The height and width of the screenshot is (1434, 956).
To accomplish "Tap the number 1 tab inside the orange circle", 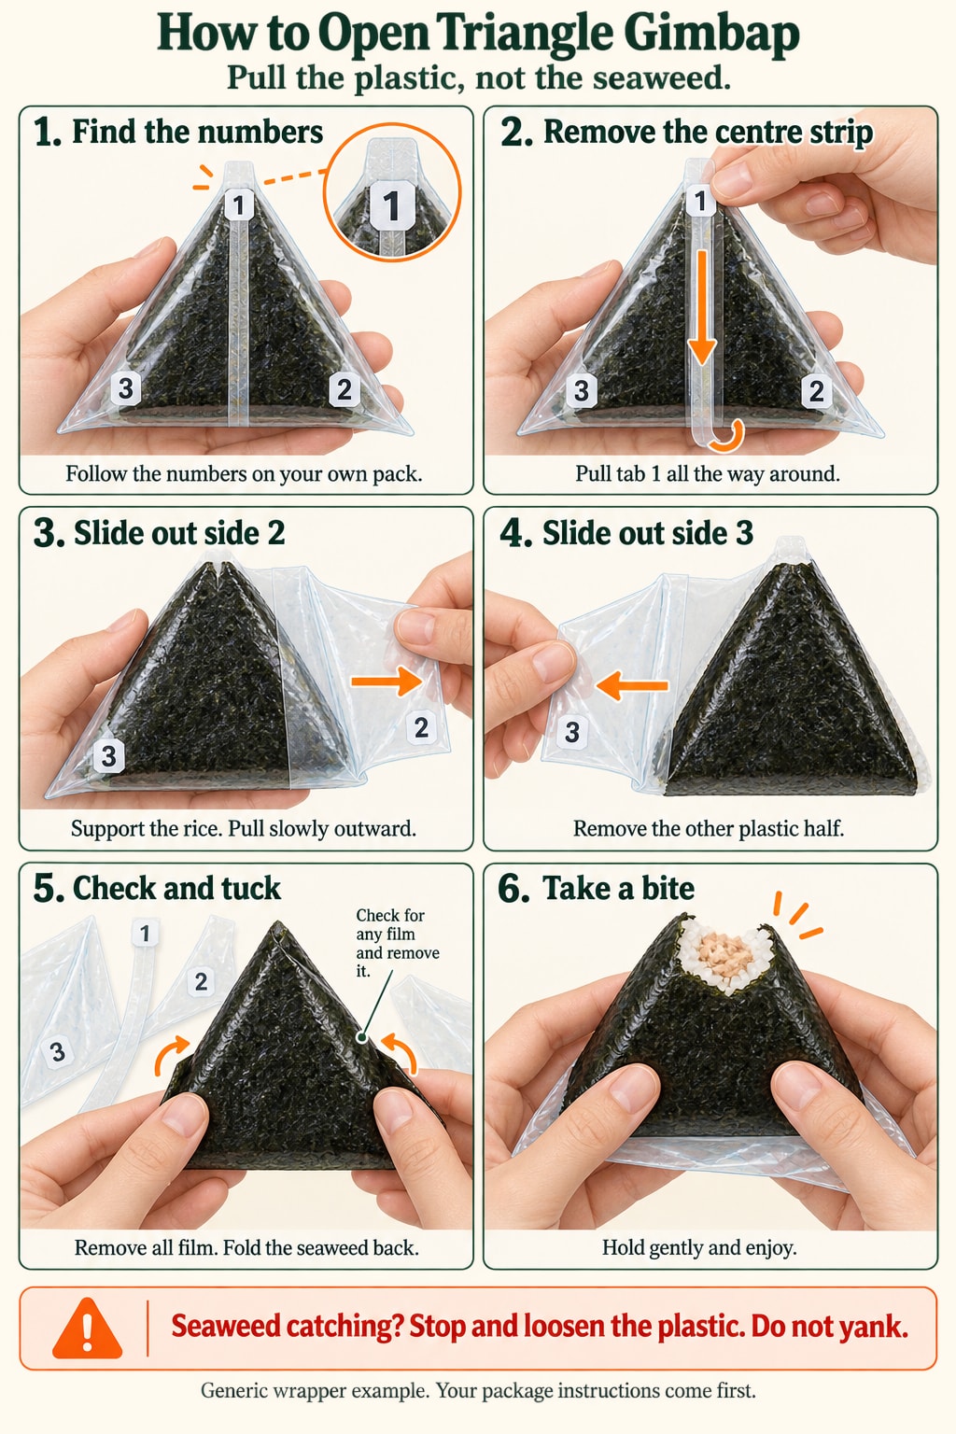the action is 391,204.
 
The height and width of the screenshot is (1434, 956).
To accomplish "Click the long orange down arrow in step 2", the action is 702,307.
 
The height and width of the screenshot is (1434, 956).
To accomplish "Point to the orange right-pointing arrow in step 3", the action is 387,681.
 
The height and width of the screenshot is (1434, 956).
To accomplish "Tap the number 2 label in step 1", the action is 344,389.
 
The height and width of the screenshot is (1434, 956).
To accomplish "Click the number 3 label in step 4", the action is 571,732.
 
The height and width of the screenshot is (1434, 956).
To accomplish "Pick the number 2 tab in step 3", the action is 421,728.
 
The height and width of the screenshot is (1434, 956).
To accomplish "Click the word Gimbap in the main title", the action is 711,34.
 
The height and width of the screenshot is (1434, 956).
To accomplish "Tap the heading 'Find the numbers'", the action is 197,132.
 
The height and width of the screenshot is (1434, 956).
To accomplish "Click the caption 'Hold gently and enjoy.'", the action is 699,1247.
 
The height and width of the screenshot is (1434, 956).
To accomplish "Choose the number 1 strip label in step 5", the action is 145,934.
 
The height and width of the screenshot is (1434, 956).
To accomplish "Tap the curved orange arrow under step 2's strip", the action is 730,437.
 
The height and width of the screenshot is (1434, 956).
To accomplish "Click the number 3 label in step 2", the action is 581,390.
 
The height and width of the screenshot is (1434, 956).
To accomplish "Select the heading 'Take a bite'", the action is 618,889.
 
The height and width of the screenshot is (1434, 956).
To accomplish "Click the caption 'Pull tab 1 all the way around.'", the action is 708,473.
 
